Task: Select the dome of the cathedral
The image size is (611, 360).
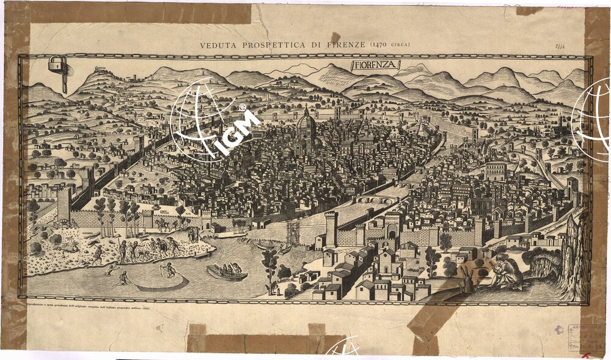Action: pos(306,122)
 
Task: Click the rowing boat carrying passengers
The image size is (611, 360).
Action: pos(227,271)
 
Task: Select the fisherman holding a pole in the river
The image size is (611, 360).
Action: pos(168,269)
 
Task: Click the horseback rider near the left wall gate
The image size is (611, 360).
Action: pos(163,224)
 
